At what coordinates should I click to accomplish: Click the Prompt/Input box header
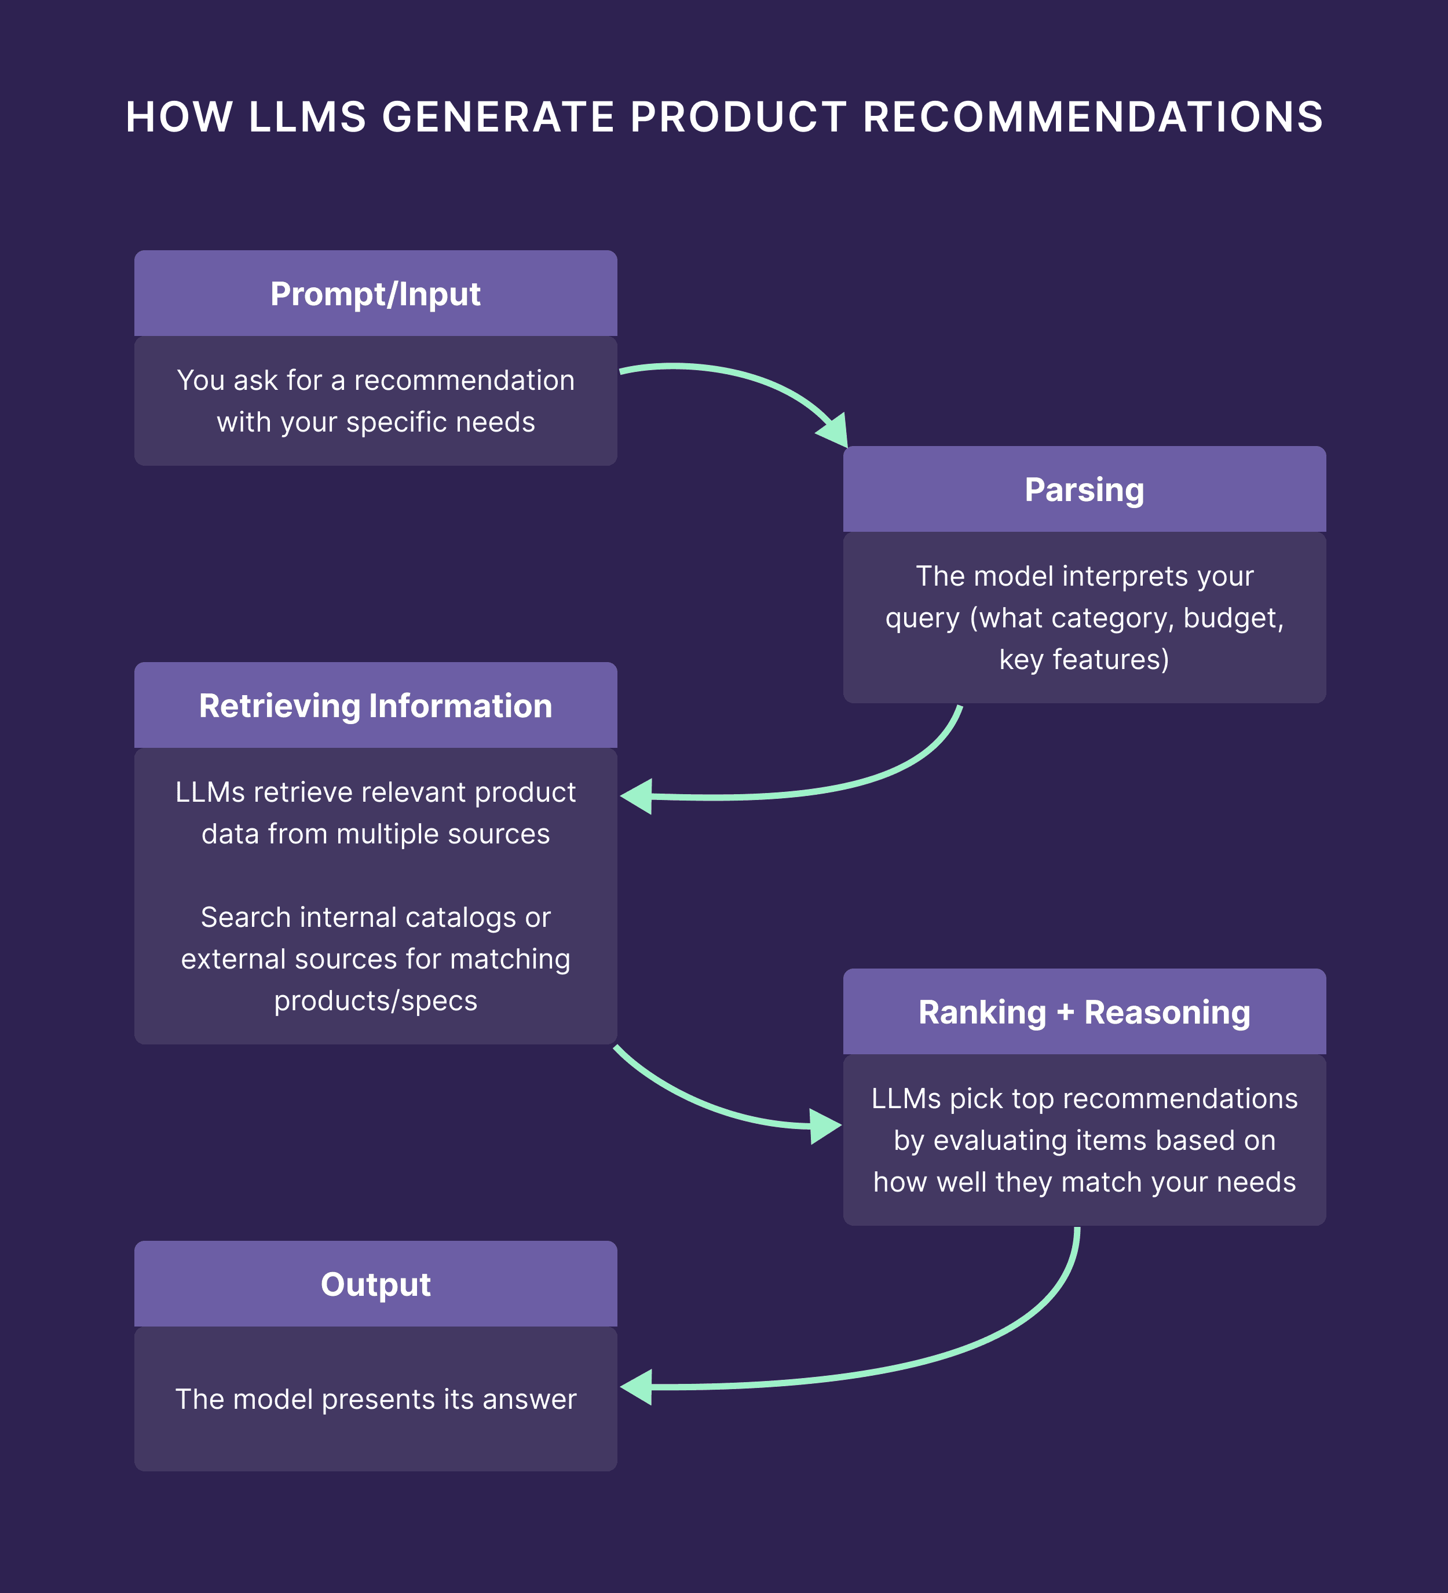pos(375,294)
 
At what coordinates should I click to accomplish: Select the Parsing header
pos(1084,490)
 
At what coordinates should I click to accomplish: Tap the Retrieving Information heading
pos(375,706)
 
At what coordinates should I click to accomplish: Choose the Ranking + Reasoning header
pos(1084,1012)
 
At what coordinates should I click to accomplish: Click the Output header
pos(375,1284)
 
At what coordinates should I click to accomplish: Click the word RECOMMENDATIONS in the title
pos(1092,117)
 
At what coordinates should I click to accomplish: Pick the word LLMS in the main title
pos(308,117)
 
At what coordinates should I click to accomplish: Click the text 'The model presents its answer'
pos(375,1400)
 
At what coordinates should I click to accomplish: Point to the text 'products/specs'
pos(375,1001)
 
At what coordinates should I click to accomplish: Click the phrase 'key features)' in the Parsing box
pos(1084,660)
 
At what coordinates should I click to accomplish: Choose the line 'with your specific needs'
pos(375,422)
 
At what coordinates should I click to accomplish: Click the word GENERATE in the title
pos(499,117)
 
